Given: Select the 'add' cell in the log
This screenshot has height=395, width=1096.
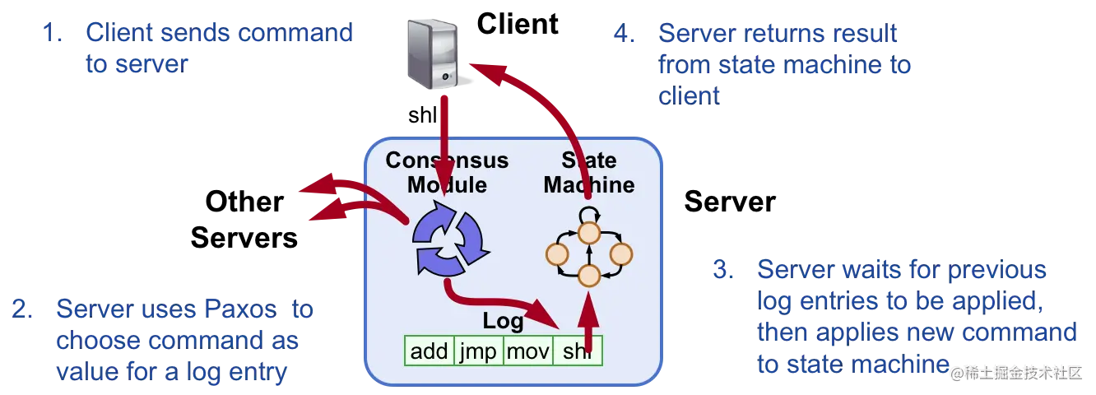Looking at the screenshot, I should pyautogui.click(x=429, y=351).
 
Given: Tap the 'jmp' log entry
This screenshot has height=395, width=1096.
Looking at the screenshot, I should pyautogui.click(x=477, y=351).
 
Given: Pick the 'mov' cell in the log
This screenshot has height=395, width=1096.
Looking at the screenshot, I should pyautogui.click(x=528, y=351).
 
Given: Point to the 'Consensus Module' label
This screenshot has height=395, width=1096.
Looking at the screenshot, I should pyautogui.click(x=447, y=171).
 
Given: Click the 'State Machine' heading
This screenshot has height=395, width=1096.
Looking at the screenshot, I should pyautogui.click(x=588, y=171).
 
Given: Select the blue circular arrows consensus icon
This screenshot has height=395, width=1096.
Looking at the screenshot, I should pyautogui.click(x=448, y=239).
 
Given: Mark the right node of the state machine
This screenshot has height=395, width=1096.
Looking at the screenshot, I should pyautogui.click(x=620, y=254).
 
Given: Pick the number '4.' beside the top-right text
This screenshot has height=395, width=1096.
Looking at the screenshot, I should pyautogui.click(x=625, y=35).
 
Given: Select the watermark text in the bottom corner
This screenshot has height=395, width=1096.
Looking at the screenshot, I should pyautogui.click(x=1015, y=372).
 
